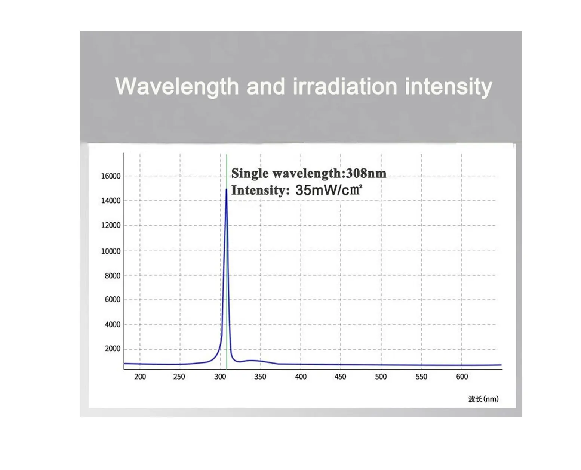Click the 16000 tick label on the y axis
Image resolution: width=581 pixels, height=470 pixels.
point(111,176)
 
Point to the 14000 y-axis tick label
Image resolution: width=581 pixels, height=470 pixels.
point(111,201)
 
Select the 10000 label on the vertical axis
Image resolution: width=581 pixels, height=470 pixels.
point(111,251)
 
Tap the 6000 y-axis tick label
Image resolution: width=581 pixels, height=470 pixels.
point(113,299)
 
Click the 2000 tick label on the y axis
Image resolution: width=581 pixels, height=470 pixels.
point(113,348)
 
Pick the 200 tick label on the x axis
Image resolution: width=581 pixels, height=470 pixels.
point(140,377)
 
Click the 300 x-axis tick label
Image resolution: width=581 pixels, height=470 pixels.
point(220,377)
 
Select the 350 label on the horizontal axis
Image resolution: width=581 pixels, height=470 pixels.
point(260,377)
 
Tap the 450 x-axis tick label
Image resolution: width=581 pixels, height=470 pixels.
point(340,377)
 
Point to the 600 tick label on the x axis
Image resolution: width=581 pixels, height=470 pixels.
point(462,377)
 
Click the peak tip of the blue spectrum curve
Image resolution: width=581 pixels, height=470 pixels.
point(226,189)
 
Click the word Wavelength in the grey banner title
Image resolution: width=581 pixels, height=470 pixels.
point(177,87)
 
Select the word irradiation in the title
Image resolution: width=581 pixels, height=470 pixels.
point(345,87)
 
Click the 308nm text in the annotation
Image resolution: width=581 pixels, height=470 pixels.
point(366,173)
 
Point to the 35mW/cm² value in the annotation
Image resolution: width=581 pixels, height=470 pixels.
point(329,190)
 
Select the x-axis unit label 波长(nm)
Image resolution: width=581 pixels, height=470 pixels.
point(483,399)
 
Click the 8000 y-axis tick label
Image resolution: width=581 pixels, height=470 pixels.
point(113,276)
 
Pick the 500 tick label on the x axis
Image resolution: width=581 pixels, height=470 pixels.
point(381,377)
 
